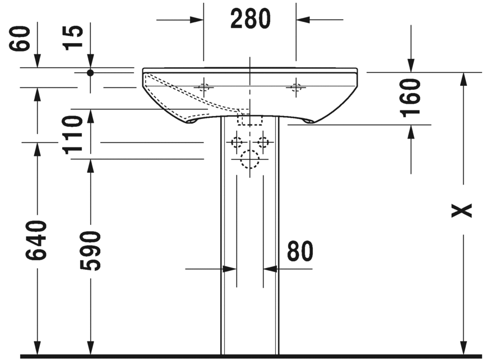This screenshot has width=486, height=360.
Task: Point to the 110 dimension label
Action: tap(74, 135)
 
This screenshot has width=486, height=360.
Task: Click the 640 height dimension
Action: tap(36, 241)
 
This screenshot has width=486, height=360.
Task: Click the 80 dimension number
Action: tap(300, 252)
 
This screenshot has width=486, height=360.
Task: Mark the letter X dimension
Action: tap(462, 210)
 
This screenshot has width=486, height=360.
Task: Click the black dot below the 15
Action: tap(90, 72)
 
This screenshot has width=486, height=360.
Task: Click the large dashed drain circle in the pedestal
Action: tap(249, 160)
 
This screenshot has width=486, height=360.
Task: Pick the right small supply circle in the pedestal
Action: tap(262, 142)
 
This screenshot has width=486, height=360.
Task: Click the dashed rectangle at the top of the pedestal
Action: tap(251, 119)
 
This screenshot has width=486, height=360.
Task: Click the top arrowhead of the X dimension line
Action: tap(462, 79)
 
